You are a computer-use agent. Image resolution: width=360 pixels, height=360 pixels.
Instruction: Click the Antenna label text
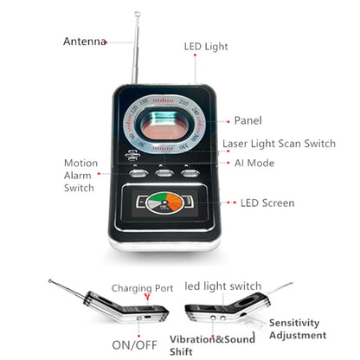tap(85, 42)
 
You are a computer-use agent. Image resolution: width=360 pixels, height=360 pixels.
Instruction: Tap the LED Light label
tap(206, 47)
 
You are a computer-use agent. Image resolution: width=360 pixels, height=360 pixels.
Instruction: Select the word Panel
tap(248, 120)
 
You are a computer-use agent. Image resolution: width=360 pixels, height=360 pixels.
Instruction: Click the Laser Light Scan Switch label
tap(279, 144)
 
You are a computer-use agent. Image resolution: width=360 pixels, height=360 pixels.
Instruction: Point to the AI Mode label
tap(254, 163)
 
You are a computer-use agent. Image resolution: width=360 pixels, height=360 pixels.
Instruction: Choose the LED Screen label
tap(267, 203)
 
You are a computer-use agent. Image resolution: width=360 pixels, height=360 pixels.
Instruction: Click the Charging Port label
tap(142, 288)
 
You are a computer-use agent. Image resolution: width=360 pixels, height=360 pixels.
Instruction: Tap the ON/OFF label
tap(134, 345)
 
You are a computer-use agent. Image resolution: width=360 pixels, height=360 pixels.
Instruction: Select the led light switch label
tap(223, 286)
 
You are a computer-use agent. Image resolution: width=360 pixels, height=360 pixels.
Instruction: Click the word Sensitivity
tap(294, 323)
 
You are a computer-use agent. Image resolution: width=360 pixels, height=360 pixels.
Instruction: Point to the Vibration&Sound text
tap(212, 339)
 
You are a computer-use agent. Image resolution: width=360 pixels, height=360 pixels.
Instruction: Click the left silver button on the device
tap(138, 173)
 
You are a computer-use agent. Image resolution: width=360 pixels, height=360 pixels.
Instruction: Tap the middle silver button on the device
tap(164, 173)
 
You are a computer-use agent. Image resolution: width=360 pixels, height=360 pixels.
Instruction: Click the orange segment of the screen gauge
tap(175, 202)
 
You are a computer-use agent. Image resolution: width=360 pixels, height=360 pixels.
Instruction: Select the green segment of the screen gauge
tap(157, 197)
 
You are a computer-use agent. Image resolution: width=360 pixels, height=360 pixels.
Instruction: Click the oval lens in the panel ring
tap(164, 125)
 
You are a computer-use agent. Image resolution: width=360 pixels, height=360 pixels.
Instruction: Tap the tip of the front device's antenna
tap(138, 13)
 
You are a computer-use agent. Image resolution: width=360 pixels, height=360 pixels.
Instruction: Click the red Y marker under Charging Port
tap(147, 297)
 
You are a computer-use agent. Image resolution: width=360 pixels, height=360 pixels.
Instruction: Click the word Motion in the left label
tap(80, 163)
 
